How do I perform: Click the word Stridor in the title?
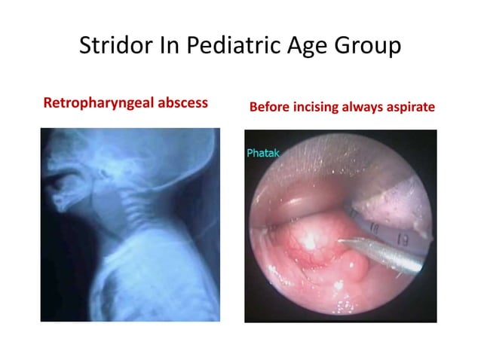tap(114, 47)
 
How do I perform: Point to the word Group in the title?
tap(368, 47)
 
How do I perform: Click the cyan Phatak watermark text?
tap(262, 154)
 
